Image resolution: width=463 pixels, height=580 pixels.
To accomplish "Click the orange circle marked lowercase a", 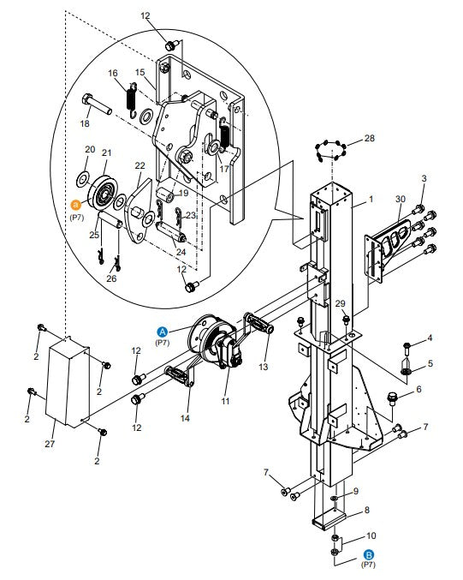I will click(x=76, y=206).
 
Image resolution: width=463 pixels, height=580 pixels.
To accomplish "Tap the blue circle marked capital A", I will click(x=162, y=331).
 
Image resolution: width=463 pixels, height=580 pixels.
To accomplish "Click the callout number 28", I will click(x=370, y=138).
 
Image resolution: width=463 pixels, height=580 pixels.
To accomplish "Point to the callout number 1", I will click(x=372, y=199).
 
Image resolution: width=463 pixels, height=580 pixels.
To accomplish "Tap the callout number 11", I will click(x=226, y=401).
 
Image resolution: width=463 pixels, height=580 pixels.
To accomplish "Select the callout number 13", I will click(x=263, y=367).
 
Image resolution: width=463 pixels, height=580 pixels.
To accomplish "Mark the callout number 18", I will click(x=85, y=123).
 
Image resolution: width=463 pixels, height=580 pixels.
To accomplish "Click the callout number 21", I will click(x=107, y=154).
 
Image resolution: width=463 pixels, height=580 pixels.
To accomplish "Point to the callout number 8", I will click(x=367, y=509).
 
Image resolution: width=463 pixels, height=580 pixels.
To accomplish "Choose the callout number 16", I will click(x=113, y=75).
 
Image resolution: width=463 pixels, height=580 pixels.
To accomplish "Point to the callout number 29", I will click(x=340, y=304).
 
